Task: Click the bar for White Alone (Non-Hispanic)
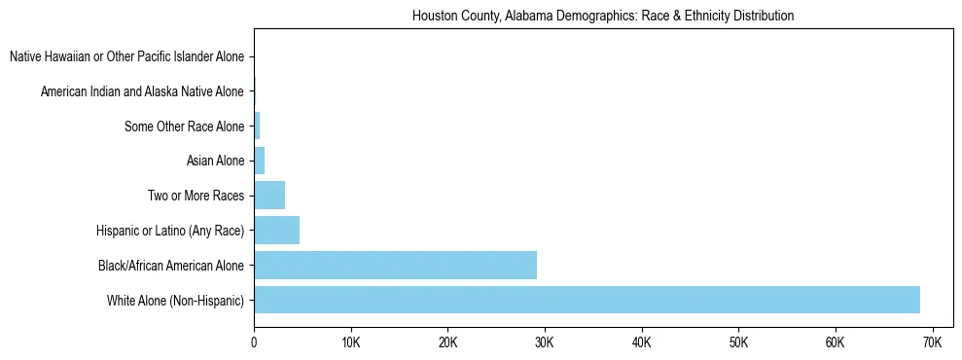(x=587, y=300)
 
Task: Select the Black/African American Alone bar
(x=395, y=265)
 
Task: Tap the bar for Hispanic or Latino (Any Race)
(x=276, y=231)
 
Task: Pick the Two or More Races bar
(x=269, y=196)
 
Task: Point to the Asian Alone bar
(x=259, y=161)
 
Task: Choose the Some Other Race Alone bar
(x=257, y=126)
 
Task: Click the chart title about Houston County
(x=603, y=17)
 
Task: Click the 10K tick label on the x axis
(x=350, y=343)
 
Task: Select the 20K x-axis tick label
(x=447, y=343)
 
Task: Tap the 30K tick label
(x=544, y=343)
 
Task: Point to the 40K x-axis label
(x=641, y=343)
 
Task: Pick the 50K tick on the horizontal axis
(x=737, y=343)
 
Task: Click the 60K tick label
(x=835, y=343)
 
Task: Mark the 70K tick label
(x=931, y=343)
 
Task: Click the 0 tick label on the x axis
(x=254, y=343)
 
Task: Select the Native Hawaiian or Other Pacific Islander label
(x=126, y=57)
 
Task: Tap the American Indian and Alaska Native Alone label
(x=142, y=91)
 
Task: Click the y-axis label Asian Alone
(x=215, y=162)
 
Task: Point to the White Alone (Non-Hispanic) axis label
(x=175, y=300)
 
